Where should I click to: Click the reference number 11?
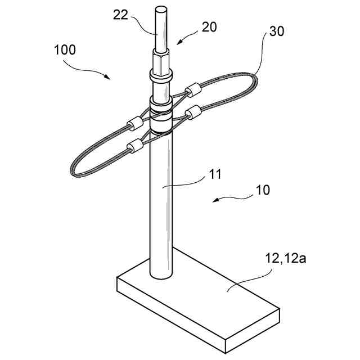click(215, 175)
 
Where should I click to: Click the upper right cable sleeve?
click(193, 89)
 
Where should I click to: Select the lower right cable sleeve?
click(193, 112)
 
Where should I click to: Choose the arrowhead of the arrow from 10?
click(213, 200)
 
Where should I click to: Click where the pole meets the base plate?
click(160, 276)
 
